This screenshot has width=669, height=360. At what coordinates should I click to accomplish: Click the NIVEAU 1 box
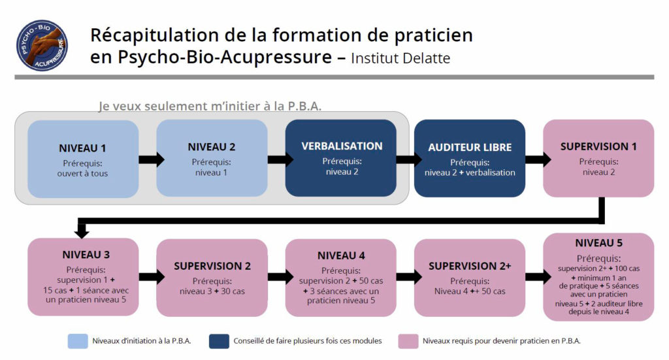[x=83, y=158]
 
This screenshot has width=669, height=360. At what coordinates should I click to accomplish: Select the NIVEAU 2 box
[x=212, y=158]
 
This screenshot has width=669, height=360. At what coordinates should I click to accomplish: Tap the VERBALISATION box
[x=341, y=158]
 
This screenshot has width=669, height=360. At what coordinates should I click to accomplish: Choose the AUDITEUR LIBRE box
[x=470, y=158]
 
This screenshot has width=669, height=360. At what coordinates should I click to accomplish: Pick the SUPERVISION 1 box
[x=598, y=158]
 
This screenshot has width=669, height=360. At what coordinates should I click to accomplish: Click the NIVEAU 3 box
[x=83, y=277]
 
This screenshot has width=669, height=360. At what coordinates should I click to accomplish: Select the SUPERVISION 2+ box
[x=470, y=277]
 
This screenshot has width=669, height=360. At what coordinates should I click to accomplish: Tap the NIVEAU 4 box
[x=341, y=277]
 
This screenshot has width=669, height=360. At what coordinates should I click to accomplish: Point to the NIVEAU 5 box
[x=598, y=277]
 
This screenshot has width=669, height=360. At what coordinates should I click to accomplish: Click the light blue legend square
[x=77, y=340]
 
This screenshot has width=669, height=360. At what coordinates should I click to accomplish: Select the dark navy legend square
[x=219, y=340]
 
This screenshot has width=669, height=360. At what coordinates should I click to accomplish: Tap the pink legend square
[x=408, y=340]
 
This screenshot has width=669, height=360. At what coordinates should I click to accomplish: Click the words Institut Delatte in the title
[x=400, y=58]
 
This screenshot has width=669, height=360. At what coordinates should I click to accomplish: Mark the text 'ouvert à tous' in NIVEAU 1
[x=82, y=173]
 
